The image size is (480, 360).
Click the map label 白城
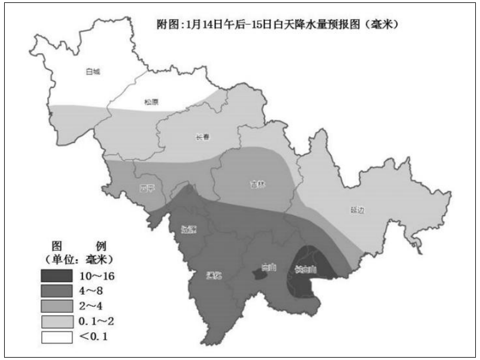click(x=93, y=71)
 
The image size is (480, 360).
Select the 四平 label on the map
click(x=147, y=189)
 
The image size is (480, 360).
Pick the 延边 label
click(x=357, y=210)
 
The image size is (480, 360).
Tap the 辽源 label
click(x=189, y=230)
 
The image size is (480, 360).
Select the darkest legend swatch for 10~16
click(x=57, y=276)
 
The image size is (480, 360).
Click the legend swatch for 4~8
click(x=57, y=291)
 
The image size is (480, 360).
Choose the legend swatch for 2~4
click(x=57, y=306)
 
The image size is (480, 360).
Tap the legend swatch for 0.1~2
click(x=57, y=322)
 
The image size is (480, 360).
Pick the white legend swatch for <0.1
click(x=57, y=337)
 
